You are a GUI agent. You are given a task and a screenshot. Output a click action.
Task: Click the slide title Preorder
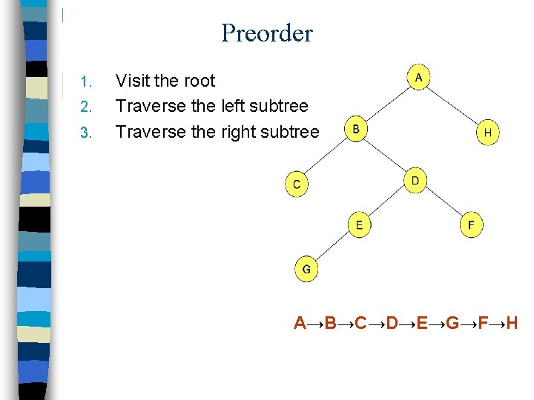[267, 33]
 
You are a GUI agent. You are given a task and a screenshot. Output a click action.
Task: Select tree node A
[419, 77]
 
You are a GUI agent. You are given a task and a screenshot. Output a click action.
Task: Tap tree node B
[356, 130]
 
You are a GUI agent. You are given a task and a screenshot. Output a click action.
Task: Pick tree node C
[297, 184]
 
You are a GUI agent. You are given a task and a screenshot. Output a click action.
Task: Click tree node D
[415, 181]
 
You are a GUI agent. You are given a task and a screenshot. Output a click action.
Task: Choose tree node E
[359, 224]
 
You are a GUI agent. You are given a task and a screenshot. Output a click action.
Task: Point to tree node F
[471, 224]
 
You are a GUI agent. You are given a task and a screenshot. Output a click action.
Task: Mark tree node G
[306, 269]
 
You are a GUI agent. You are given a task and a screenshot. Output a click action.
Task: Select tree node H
[487, 133]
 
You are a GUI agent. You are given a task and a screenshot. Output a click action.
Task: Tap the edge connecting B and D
[386, 156]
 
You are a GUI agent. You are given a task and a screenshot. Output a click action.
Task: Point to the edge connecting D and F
[443, 202]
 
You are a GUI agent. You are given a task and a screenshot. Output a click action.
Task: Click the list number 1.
[85, 81]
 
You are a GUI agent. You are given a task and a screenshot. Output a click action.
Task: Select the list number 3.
[85, 133]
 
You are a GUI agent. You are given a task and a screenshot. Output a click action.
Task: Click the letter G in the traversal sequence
[453, 322]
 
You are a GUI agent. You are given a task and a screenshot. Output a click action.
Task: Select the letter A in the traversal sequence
[300, 322]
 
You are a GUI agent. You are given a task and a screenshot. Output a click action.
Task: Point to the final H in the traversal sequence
[511, 322]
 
